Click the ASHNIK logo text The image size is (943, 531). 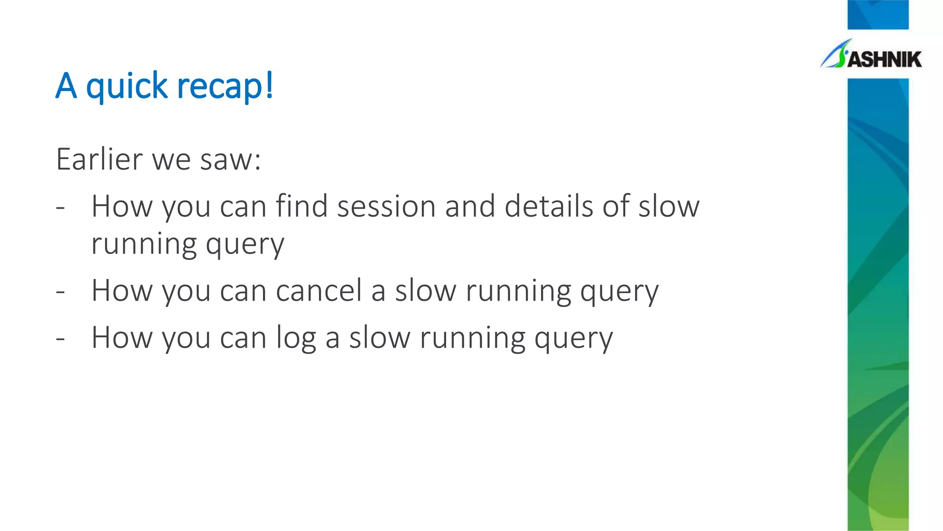click(884, 59)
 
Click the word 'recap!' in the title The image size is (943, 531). click(225, 86)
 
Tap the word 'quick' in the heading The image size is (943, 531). click(127, 86)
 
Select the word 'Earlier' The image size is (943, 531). click(99, 159)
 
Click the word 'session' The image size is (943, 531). click(386, 206)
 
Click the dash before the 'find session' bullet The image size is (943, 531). click(60, 208)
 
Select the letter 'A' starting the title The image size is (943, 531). click(66, 86)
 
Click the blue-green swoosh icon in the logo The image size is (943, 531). click(836, 54)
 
